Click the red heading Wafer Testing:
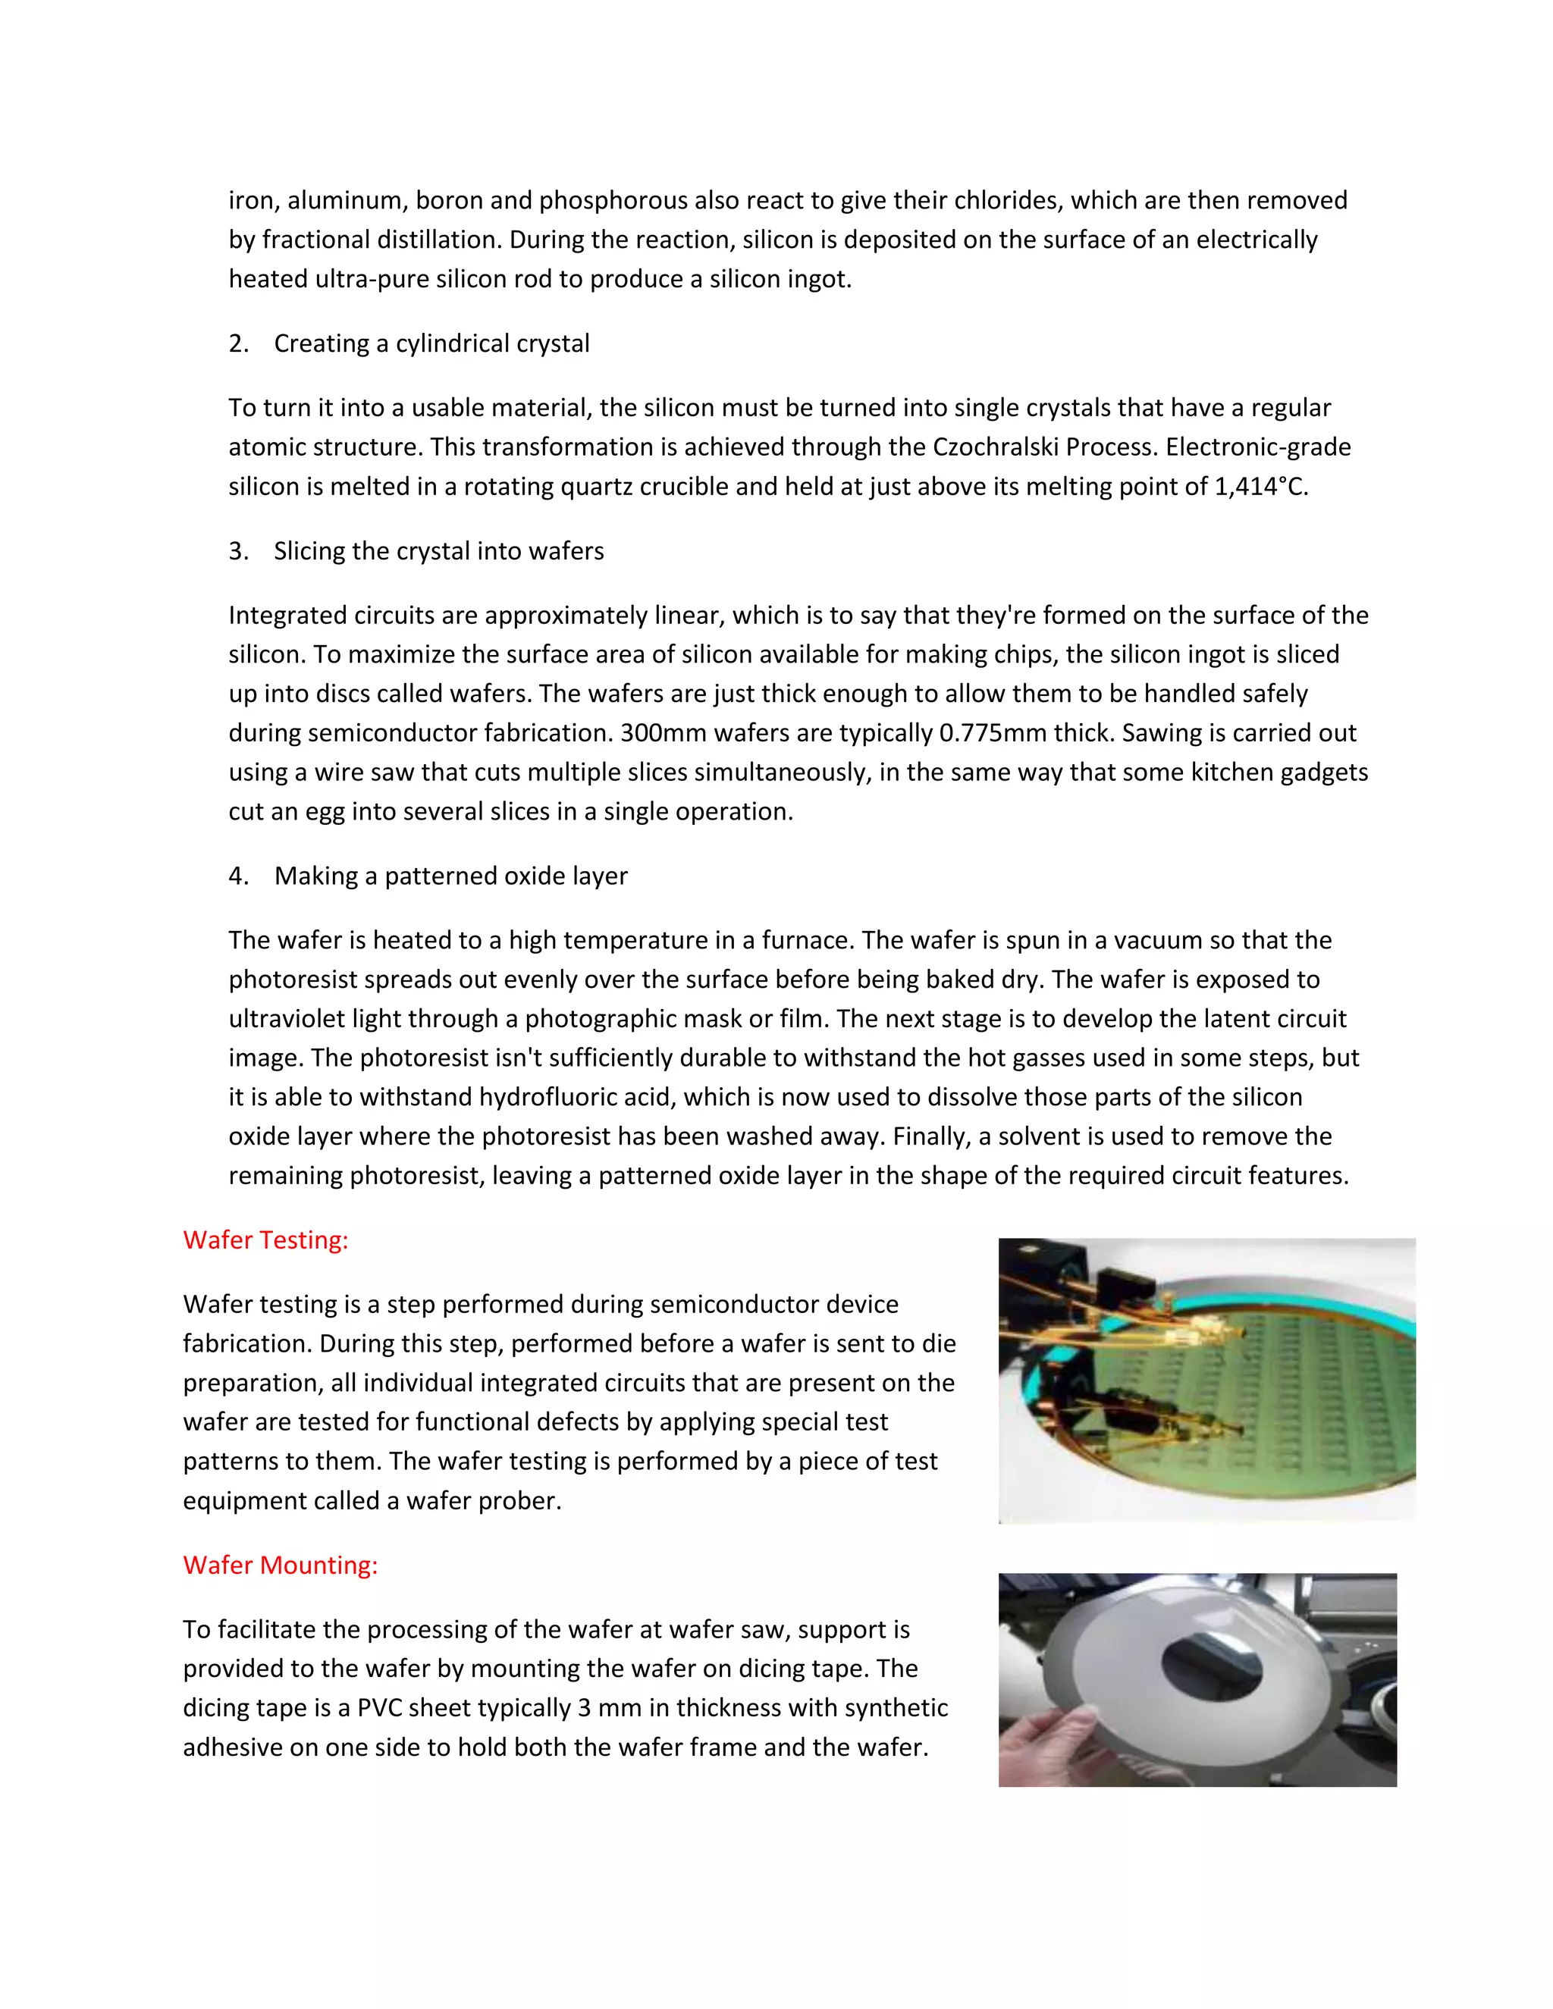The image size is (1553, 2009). (265, 1240)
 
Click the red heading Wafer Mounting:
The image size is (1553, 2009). (280, 1565)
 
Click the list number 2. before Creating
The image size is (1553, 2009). (238, 344)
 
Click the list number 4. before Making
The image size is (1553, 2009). (238, 876)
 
